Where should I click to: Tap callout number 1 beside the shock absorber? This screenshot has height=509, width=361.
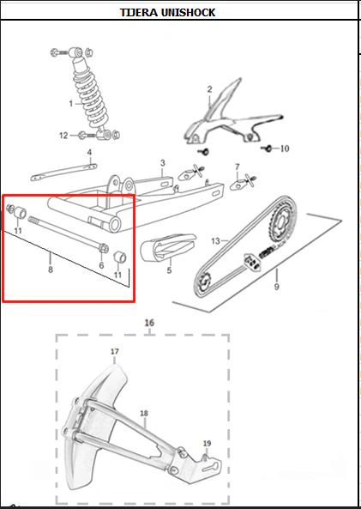click(71, 104)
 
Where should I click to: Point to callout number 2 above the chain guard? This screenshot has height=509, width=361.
click(210, 89)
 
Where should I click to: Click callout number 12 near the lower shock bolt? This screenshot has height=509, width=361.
click(63, 136)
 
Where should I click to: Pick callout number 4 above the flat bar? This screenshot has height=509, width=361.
click(89, 152)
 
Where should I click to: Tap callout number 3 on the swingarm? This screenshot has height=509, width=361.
click(163, 163)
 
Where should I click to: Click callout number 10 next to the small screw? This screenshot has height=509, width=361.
click(285, 148)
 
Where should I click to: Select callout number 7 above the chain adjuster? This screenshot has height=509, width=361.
click(238, 167)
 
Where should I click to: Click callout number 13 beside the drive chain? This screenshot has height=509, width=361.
click(216, 241)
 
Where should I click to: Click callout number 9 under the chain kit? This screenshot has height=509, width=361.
click(276, 287)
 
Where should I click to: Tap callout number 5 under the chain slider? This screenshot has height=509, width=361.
click(169, 270)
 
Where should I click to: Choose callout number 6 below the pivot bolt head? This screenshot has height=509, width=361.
click(101, 265)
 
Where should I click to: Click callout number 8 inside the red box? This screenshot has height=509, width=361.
click(51, 270)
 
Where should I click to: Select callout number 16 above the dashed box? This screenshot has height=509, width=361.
click(149, 323)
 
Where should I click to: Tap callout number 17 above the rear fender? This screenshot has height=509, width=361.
click(115, 352)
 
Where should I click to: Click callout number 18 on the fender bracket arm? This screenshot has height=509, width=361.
click(144, 413)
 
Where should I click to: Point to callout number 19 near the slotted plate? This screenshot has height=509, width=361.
click(208, 443)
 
